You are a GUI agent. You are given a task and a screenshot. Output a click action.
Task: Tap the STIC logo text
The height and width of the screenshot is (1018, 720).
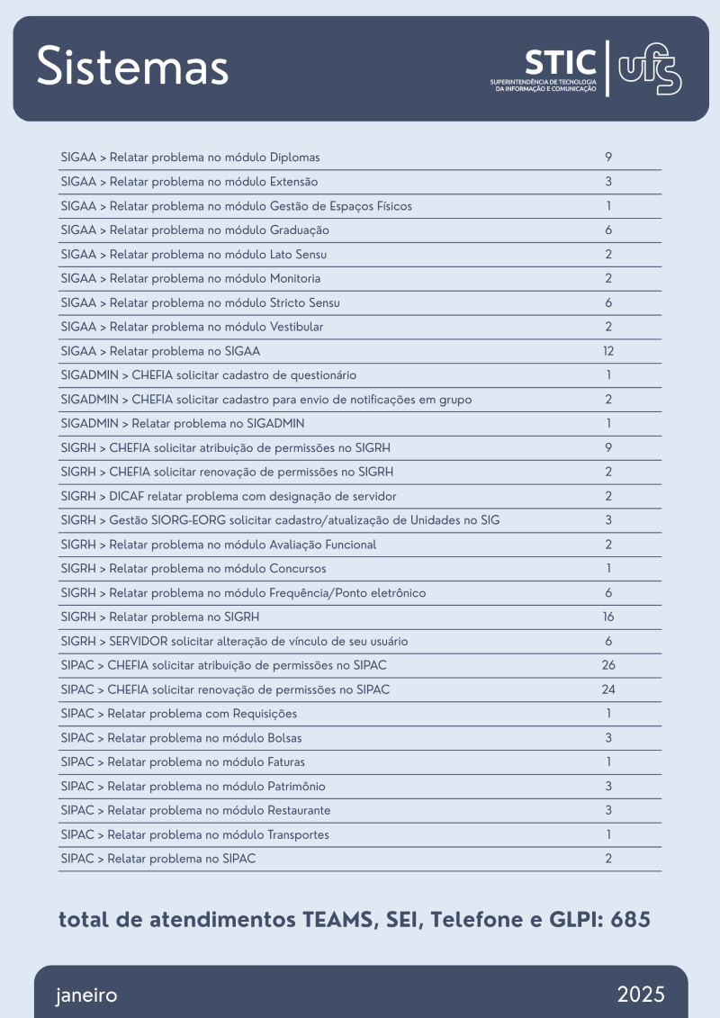point(560,63)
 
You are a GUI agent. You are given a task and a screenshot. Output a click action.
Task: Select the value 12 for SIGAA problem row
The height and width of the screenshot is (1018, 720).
point(608,351)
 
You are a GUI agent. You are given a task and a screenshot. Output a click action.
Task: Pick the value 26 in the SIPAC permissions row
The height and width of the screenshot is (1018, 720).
point(608,665)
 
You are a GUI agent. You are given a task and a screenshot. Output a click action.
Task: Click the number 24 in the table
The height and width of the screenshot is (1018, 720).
point(608,689)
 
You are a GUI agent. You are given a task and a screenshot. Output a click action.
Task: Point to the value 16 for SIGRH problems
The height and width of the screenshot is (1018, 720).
point(608,617)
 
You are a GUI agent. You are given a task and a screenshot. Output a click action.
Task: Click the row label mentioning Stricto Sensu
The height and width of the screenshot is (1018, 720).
point(200,303)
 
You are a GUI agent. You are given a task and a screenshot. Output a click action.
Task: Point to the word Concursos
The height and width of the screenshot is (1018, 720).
point(298,569)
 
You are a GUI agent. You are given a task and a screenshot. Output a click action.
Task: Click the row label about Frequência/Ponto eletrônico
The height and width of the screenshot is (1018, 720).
point(243,593)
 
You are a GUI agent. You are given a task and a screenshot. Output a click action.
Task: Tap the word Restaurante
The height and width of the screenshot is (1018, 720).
point(299,810)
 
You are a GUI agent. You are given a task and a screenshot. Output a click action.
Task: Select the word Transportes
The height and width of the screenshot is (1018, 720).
point(299,834)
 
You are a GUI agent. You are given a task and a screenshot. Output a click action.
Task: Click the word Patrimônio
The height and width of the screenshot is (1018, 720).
point(297,786)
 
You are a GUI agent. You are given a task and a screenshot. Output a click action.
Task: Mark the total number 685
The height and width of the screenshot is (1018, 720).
point(630,920)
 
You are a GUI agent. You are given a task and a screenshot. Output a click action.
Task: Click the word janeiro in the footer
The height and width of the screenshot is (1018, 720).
point(86,995)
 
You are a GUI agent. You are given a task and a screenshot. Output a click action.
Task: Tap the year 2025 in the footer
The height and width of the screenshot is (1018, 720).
point(641,995)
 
